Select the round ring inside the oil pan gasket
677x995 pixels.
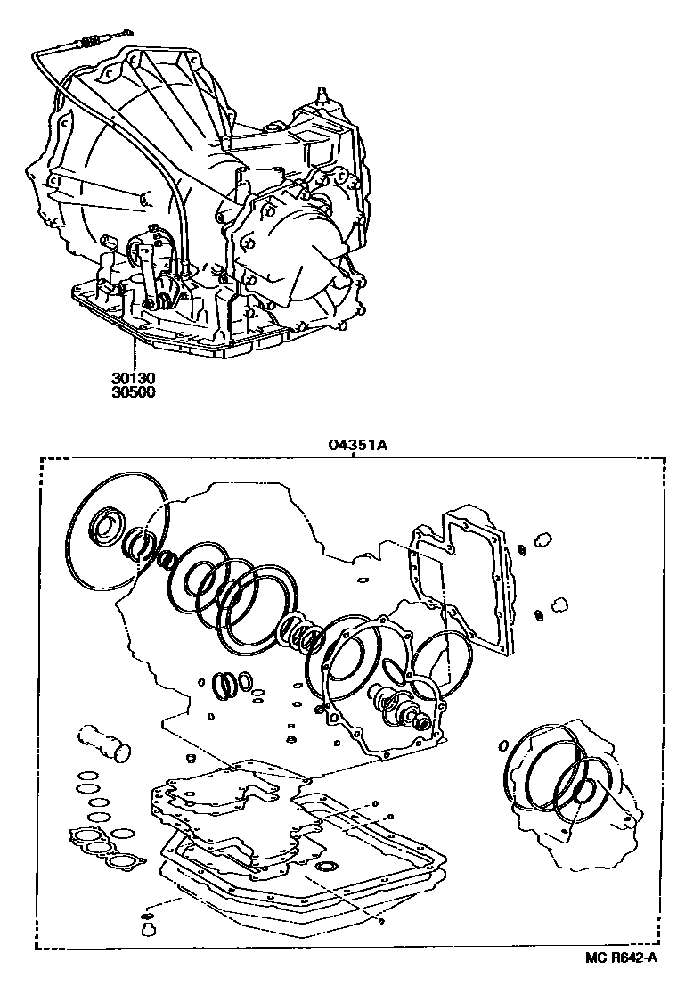[327, 867]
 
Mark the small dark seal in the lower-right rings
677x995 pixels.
[583, 790]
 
